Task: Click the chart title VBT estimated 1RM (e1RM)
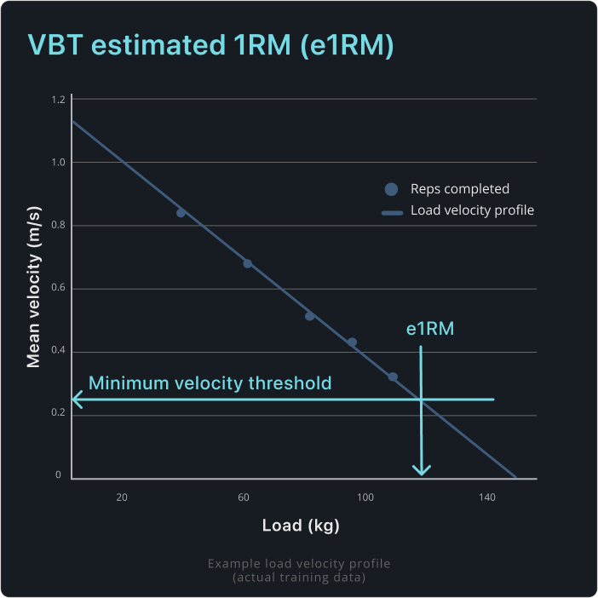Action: pos(211,45)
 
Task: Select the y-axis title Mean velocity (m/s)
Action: pos(34,290)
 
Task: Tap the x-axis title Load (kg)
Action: pos(300,526)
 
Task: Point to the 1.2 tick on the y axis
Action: pos(58,100)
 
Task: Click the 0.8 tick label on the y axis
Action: pos(58,226)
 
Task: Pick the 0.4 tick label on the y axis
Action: pos(58,352)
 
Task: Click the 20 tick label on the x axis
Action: pos(122,497)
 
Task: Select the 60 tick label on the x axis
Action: pos(244,497)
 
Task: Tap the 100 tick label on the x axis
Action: pos(365,497)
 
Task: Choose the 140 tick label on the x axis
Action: pos(487,497)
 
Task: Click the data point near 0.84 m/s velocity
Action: pos(181,213)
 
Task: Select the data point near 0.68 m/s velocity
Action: pos(247,263)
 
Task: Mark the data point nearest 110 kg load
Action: pos(393,377)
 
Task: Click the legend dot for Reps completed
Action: pos(391,189)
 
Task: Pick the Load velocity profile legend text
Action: pos(472,210)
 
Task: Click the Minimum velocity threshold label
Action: pos(210,383)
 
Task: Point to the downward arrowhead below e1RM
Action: pos(422,470)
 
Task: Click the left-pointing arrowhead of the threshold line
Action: pos(77,399)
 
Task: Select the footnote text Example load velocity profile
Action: pos(299,564)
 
